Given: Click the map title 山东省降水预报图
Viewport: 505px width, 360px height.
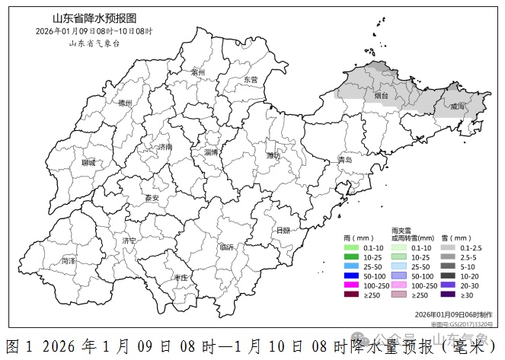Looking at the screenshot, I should pos(93,18).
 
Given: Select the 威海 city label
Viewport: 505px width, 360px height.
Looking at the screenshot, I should pos(457,107).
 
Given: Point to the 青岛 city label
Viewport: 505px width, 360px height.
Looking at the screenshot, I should pos(345,160).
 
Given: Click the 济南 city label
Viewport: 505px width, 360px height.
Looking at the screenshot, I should pos(165,147).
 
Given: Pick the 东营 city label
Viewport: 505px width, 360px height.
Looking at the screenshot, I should pos(250,79).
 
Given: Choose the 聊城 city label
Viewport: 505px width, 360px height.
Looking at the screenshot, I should pos(88,163).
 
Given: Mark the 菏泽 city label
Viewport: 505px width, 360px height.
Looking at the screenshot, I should pos(69,260).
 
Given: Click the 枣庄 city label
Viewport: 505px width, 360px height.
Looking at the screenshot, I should pos(181,279).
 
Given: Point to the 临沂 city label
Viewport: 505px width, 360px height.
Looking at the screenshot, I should pos(226,247).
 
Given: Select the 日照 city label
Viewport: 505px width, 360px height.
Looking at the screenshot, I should pos(283,230).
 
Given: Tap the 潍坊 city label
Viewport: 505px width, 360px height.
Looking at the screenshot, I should pos(273,155).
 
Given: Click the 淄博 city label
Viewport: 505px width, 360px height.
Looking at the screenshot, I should pos(211,152).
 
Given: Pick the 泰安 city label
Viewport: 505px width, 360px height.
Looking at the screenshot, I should pos(152,198).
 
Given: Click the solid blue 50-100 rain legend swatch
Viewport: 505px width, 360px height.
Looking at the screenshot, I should pos(350,275).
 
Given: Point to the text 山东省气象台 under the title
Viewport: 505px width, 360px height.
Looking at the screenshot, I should pos(94,43).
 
